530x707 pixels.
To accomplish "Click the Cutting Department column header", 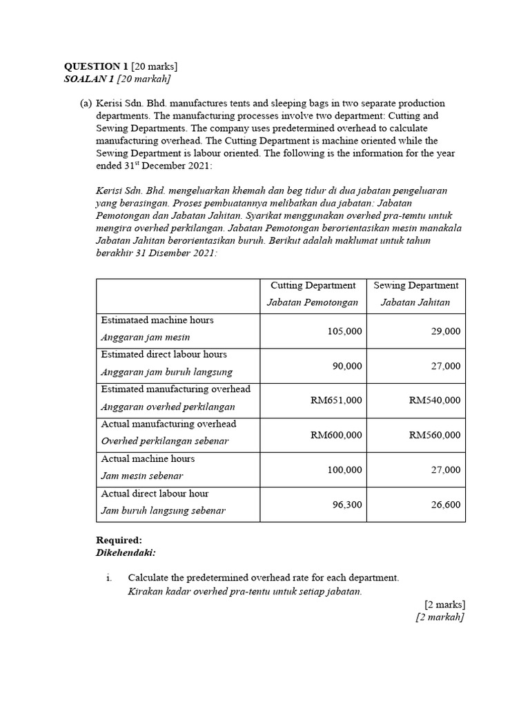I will coord(313,285).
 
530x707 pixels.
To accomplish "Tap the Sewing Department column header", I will coord(415,285).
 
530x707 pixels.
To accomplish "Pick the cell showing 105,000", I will coord(344,331).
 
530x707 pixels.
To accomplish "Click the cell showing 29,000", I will coord(446,331).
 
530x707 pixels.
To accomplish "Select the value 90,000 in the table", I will coord(347,366).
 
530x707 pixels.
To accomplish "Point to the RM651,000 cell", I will coord(336,400).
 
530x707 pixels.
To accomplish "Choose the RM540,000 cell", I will coord(435,400).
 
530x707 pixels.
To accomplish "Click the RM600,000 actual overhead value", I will coord(336,435).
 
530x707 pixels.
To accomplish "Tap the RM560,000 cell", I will coord(435,435).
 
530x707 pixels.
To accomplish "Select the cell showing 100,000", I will coord(344,469).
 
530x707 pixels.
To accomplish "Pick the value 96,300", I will coord(347,505).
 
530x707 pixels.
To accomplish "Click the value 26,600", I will coord(446,505).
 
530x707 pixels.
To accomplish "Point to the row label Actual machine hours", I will coord(148,458).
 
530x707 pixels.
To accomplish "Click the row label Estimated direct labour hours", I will coord(164,354).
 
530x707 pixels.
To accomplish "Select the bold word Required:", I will coord(119,541).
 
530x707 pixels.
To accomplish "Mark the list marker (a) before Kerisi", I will coord(85,103).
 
